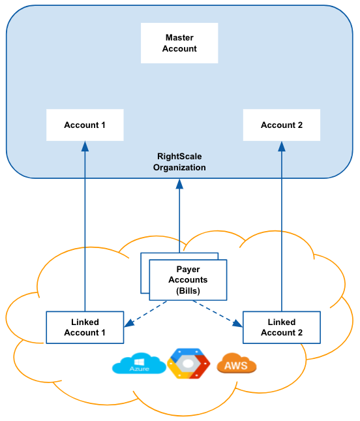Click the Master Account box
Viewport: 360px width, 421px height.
tap(179, 43)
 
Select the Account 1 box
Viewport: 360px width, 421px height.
tap(85, 125)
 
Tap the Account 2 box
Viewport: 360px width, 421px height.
tap(282, 125)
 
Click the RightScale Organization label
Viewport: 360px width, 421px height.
tap(179, 162)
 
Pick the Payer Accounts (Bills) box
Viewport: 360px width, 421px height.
tap(188, 280)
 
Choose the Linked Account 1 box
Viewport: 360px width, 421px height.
tap(85, 327)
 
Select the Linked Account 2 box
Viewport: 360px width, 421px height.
tap(282, 327)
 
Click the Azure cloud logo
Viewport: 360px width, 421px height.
tap(139, 364)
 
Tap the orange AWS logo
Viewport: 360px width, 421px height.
tap(236, 363)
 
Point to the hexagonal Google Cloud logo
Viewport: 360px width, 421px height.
tap(188, 364)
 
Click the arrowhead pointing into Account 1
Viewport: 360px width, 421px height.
tap(85, 146)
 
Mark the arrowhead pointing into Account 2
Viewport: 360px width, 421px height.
tap(282, 146)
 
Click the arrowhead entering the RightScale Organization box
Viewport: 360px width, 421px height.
tap(179, 184)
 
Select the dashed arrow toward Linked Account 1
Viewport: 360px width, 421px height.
tap(145, 313)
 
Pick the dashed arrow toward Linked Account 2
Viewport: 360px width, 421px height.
tap(218, 313)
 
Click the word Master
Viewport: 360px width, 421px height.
tap(179, 38)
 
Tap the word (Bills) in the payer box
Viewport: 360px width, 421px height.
tap(188, 290)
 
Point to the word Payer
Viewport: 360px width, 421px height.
tap(188, 270)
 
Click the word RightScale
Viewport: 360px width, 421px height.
tap(179, 156)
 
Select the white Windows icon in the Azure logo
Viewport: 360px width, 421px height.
tap(139, 362)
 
